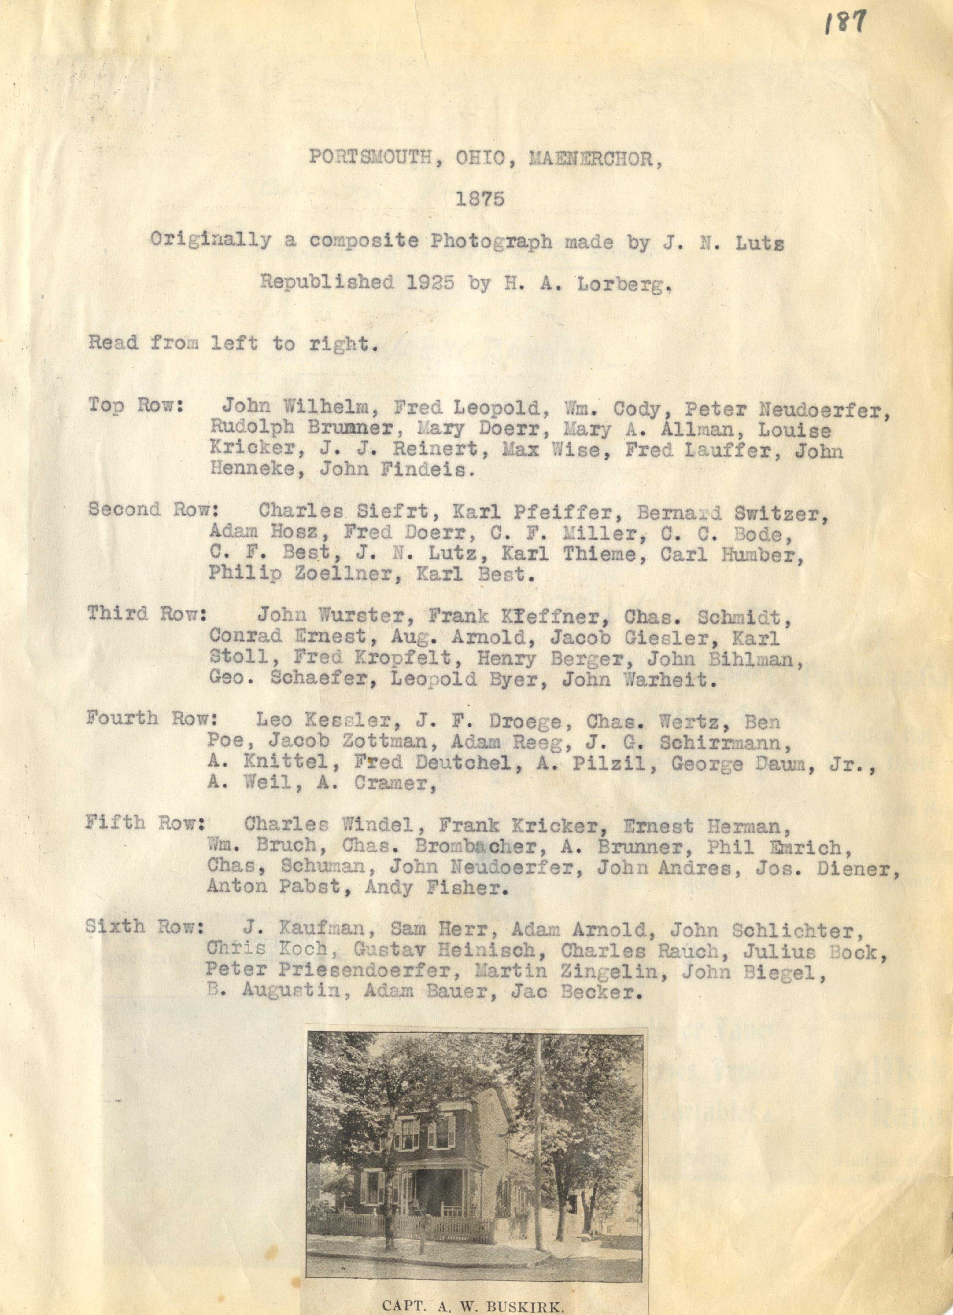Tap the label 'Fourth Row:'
click(x=152, y=719)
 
